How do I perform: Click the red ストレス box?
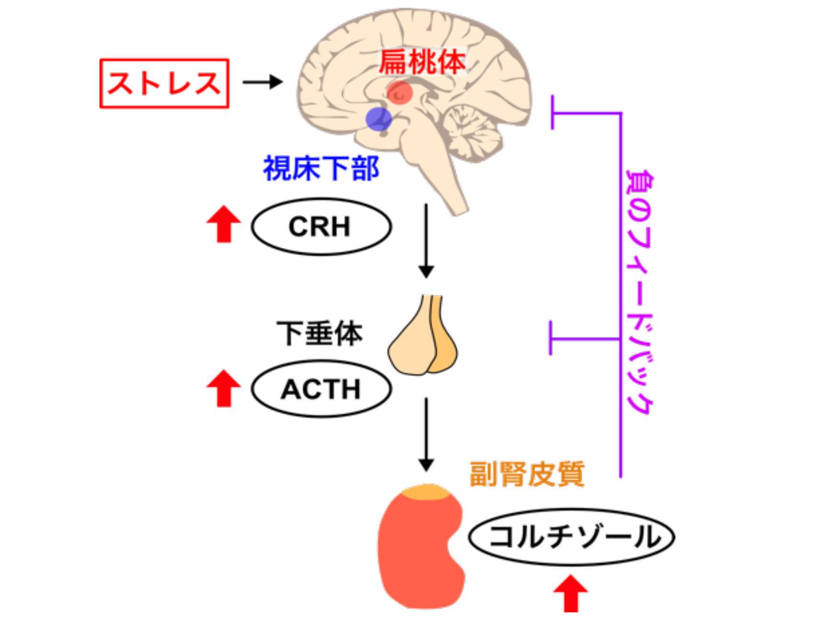coord(164,83)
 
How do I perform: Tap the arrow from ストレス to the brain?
coord(262,82)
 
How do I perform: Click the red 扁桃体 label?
coord(422,62)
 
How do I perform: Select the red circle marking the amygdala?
coord(400,92)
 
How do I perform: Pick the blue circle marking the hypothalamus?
coord(378,119)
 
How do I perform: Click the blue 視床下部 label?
coord(321,168)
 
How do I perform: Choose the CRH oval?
coord(321,226)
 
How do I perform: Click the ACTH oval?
coord(321,389)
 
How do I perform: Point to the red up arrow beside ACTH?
coord(224,388)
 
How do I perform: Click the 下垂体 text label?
coord(319,333)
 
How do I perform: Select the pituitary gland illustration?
coord(423,340)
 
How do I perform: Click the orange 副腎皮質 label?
coord(527,474)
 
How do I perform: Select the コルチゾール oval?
coord(572,536)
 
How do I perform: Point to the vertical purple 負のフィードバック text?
coord(639,292)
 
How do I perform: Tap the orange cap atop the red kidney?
coord(426,491)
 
